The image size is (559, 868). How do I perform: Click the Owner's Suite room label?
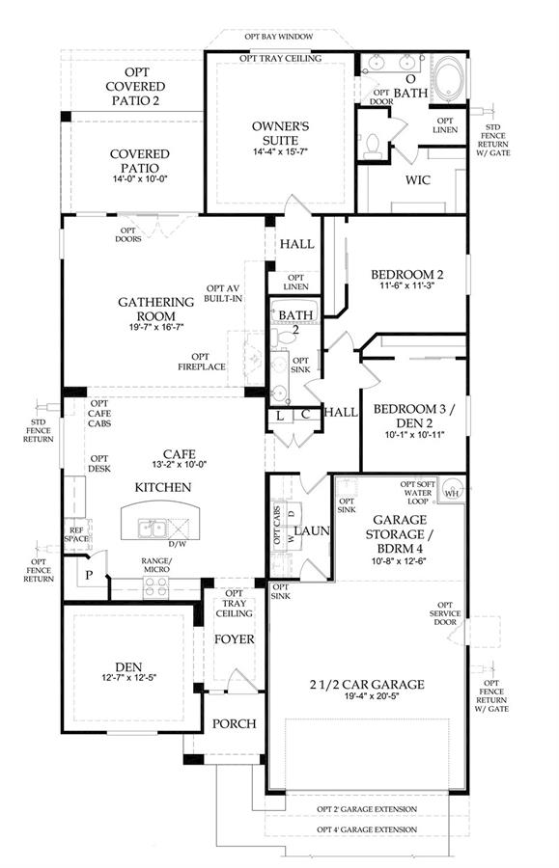click(x=280, y=133)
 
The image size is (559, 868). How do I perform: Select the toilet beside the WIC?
click(x=372, y=145)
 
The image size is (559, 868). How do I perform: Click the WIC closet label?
click(x=418, y=180)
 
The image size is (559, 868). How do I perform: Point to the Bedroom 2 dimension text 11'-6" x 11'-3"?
click(x=407, y=286)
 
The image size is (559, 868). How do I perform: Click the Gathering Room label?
click(x=156, y=309)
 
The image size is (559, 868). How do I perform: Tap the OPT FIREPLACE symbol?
click(x=255, y=358)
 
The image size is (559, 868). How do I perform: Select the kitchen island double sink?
click(x=152, y=528)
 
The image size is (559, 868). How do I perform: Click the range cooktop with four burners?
click(x=155, y=587)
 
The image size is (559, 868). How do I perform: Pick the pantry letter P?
click(x=89, y=575)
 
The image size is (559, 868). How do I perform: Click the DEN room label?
click(x=128, y=667)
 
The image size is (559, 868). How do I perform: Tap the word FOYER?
click(x=235, y=639)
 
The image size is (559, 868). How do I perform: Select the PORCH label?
click(x=235, y=723)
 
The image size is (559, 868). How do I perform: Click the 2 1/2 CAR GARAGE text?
click(x=367, y=684)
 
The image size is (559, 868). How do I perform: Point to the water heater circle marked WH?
click(x=452, y=492)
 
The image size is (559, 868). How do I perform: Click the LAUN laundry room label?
click(x=312, y=530)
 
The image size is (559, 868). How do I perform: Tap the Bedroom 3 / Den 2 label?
click(x=414, y=417)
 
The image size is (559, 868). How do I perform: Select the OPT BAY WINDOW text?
click(x=279, y=37)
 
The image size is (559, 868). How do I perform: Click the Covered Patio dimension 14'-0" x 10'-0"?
click(x=140, y=178)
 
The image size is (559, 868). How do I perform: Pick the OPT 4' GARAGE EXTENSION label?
click(x=367, y=829)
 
